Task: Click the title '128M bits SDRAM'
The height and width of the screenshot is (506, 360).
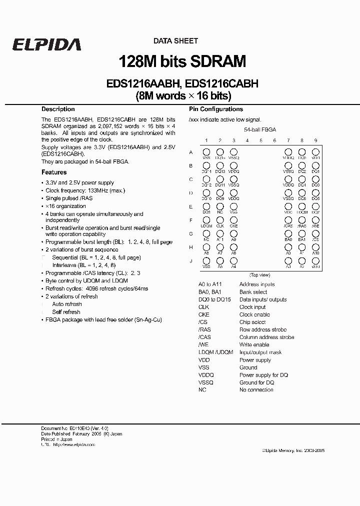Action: click(x=182, y=61)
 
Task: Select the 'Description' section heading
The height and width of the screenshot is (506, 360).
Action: click(x=58, y=109)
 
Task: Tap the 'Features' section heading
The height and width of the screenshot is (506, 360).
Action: click(x=54, y=172)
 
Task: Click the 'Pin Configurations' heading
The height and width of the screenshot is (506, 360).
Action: click(x=216, y=109)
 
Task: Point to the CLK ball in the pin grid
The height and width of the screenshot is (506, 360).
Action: click(x=219, y=219)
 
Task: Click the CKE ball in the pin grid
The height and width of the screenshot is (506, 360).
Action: click(x=233, y=219)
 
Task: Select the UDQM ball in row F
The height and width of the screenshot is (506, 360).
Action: click(x=206, y=219)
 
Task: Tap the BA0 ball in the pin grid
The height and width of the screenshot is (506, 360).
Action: click(x=288, y=233)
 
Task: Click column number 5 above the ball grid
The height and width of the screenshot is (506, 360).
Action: click(x=261, y=141)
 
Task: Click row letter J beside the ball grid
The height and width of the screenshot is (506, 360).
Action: click(x=191, y=260)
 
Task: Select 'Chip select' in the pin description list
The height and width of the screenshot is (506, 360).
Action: click(x=252, y=322)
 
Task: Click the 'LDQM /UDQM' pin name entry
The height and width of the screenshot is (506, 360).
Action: click(x=215, y=352)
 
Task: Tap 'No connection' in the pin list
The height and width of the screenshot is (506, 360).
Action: click(x=256, y=390)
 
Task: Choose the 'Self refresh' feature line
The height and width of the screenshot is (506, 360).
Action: click(x=66, y=312)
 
